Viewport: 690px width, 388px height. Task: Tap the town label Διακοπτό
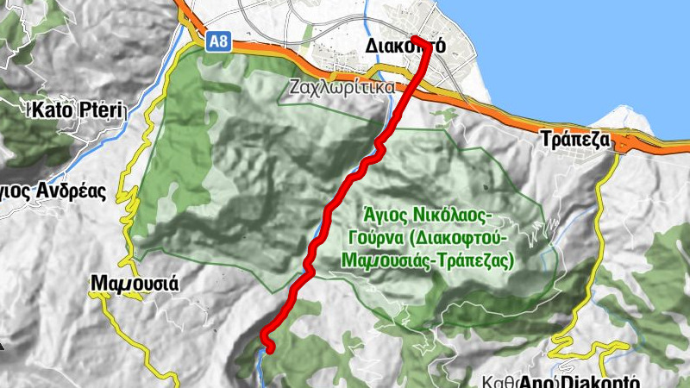coord(405,46)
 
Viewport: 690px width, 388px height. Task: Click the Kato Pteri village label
coord(78,110)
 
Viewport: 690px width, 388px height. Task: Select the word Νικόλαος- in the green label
coord(448,213)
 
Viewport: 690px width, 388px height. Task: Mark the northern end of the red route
coord(416,39)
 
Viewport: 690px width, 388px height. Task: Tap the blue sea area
coord(561,52)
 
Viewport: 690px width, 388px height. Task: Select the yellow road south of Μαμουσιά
coord(129,336)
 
